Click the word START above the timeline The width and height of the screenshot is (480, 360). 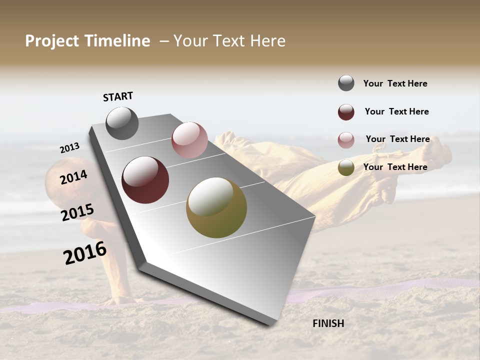[x=118, y=96]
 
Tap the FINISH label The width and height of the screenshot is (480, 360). [x=328, y=323]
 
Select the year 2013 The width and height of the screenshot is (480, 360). [x=69, y=148]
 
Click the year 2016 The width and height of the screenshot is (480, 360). [x=85, y=253]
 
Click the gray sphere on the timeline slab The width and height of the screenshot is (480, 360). [x=122, y=123]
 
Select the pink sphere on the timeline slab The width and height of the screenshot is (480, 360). [x=189, y=140]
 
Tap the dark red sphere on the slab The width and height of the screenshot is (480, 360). [x=145, y=180]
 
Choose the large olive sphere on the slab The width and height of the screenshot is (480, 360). [x=216, y=207]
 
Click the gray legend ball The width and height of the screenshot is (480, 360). [x=346, y=83]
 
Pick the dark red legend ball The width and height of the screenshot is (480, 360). [x=346, y=112]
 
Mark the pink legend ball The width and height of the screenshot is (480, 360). [x=346, y=140]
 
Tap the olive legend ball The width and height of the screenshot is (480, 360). [x=346, y=167]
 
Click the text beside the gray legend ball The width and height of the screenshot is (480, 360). [x=395, y=83]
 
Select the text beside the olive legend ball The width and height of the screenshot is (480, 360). [x=395, y=167]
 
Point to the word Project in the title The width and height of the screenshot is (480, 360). [x=51, y=41]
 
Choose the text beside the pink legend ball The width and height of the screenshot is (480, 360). [x=397, y=139]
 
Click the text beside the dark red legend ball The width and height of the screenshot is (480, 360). [x=396, y=111]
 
